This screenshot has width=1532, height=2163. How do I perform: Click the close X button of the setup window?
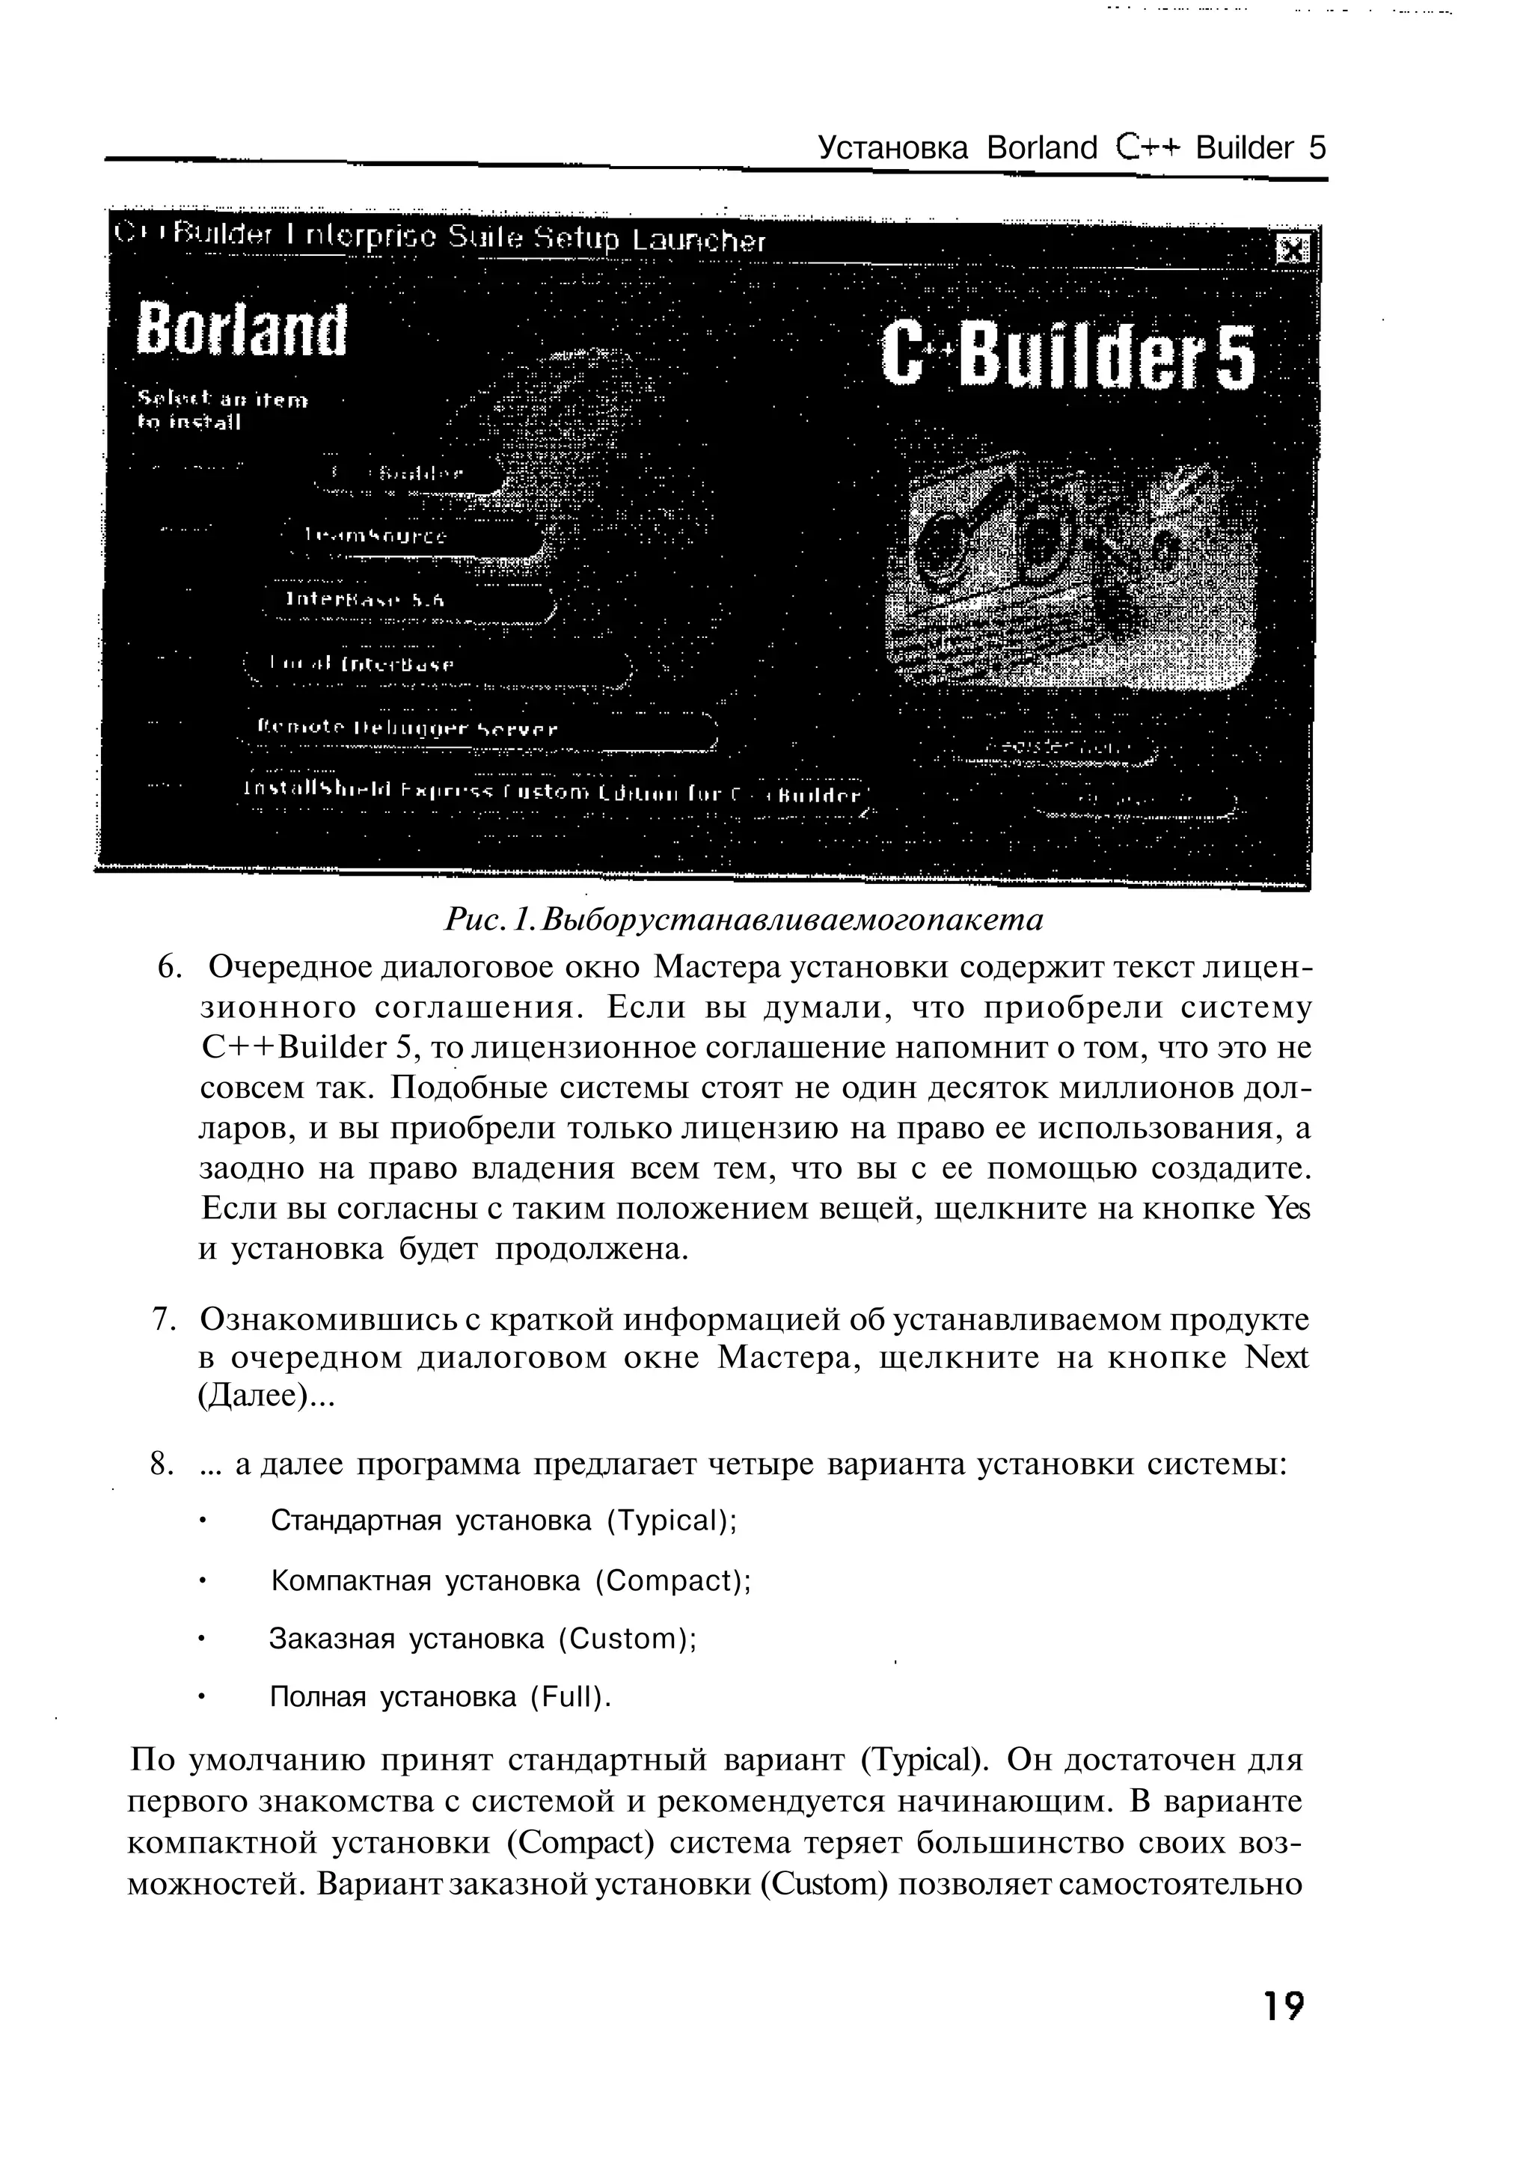coord(1291,250)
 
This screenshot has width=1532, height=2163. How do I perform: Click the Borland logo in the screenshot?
coord(242,330)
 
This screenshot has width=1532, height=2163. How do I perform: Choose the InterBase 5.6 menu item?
coord(365,600)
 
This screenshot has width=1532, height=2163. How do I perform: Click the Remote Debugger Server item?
coord(408,729)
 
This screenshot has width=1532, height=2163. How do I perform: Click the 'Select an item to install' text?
coord(223,411)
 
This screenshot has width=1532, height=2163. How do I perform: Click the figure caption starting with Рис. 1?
coord(744,920)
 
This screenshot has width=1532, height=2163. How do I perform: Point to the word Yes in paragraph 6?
coord(1290,1209)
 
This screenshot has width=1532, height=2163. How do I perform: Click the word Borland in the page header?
coord(1042,148)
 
